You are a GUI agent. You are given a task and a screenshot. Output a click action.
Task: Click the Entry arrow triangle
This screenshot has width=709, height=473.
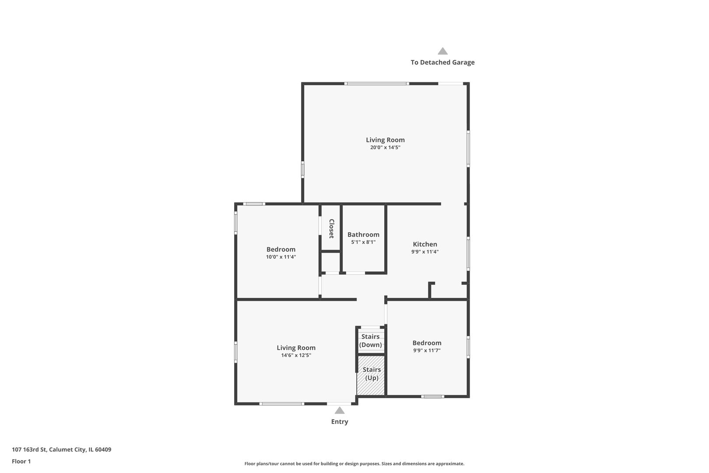pyautogui.click(x=339, y=410)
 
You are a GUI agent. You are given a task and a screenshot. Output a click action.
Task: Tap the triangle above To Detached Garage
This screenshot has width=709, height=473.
pyautogui.click(x=442, y=51)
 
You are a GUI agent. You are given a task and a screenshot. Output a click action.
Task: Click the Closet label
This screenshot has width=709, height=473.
pyautogui.click(x=331, y=229)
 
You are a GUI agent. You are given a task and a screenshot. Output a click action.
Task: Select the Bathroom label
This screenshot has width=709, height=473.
pyautogui.click(x=363, y=235)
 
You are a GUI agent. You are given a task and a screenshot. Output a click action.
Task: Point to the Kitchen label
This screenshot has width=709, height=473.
pyautogui.click(x=425, y=244)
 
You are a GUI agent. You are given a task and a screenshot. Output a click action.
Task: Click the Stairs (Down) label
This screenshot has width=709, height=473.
pyautogui.click(x=370, y=341)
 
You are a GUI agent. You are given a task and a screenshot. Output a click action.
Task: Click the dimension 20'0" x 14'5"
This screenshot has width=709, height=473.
pyautogui.click(x=385, y=148)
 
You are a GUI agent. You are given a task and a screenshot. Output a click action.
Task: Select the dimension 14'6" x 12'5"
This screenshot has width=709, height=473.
pyautogui.click(x=296, y=356)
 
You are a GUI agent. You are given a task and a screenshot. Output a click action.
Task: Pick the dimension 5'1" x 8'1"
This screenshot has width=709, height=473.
pyautogui.click(x=363, y=242)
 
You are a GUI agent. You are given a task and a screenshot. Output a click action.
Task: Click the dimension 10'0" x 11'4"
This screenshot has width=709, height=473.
pyautogui.click(x=281, y=257)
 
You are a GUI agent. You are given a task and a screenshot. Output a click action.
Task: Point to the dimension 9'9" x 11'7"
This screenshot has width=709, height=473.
pyautogui.click(x=427, y=350)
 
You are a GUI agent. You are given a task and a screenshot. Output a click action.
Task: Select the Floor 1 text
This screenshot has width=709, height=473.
pyautogui.click(x=21, y=461)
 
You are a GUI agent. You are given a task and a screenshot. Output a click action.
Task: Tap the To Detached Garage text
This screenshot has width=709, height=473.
pyautogui.click(x=442, y=62)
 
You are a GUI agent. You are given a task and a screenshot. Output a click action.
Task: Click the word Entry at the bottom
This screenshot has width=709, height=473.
pyautogui.click(x=339, y=422)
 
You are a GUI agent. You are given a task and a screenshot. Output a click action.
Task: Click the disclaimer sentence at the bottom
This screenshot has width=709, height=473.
pyautogui.click(x=354, y=463)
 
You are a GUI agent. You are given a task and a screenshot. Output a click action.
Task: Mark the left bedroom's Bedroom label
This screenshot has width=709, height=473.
pyautogui.click(x=281, y=250)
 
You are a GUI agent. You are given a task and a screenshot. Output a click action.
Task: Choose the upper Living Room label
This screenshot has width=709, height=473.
pyautogui.click(x=385, y=140)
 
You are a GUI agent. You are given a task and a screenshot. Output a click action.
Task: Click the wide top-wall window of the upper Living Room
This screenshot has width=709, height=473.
pyautogui.click(x=376, y=83)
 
